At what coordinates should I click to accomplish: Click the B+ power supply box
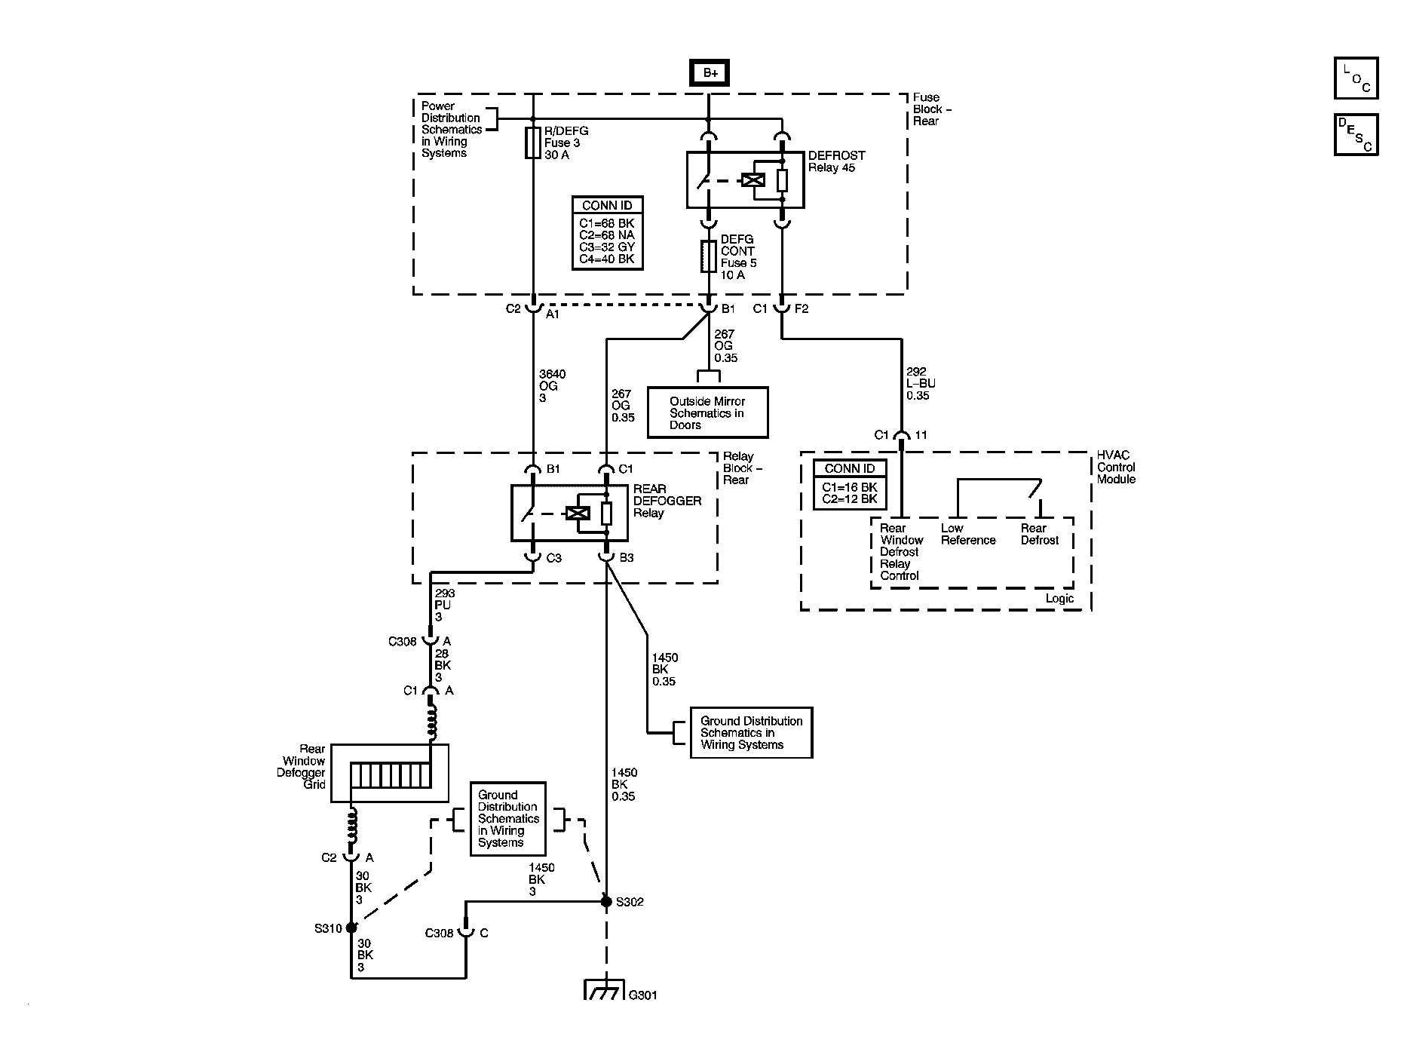point(709,73)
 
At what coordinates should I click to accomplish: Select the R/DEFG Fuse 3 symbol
point(533,143)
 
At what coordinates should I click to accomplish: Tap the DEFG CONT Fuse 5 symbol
point(708,256)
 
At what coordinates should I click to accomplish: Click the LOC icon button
point(1356,78)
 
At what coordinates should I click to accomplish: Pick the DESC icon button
point(1356,135)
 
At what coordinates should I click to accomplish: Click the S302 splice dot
point(605,901)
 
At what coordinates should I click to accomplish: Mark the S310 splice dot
point(351,928)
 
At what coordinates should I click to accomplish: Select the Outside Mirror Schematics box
point(707,412)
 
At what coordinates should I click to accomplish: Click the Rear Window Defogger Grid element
point(390,774)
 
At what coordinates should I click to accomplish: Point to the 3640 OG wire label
point(552,385)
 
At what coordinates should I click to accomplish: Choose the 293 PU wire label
point(445,605)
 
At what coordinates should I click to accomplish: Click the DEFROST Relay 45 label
point(836,161)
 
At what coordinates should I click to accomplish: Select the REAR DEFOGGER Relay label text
point(667,501)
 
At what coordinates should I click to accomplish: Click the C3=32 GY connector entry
point(607,247)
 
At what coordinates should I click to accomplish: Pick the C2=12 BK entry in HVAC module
point(849,498)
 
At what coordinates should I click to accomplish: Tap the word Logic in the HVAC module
point(1059,598)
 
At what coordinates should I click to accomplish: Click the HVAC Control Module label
point(1116,467)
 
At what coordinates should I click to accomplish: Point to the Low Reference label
point(967,534)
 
